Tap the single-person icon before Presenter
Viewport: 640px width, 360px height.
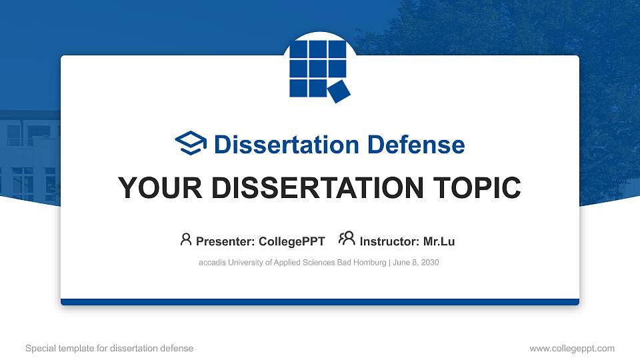click(x=186, y=239)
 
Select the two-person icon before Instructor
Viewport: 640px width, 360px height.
click(x=347, y=239)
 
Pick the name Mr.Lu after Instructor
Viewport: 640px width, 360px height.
click(x=439, y=241)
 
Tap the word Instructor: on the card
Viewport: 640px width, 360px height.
click(x=389, y=241)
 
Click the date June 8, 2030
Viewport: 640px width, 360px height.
click(x=416, y=263)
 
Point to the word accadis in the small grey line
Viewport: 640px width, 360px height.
click(x=213, y=263)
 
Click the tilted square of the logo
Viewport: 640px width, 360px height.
click(x=339, y=91)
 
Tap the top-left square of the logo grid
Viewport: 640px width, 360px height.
click(x=299, y=50)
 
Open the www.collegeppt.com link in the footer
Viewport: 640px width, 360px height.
click(x=571, y=348)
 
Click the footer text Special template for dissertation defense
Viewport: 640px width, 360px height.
click(x=109, y=348)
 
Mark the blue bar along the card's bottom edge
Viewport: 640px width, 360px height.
click(x=320, y=302)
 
